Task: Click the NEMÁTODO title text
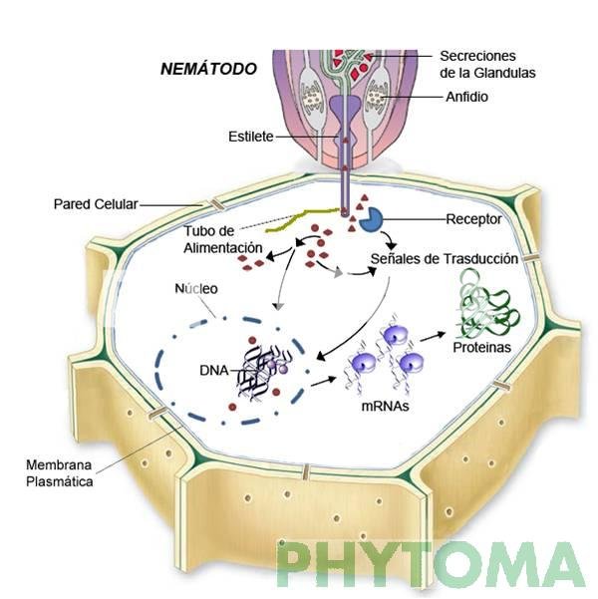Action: click(208, 69)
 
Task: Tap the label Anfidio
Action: click(466, 97)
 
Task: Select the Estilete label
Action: click(251, 137)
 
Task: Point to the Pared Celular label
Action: click(96, 204)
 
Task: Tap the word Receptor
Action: click(473, 219)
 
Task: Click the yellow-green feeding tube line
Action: click(303, 220)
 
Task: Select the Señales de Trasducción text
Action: click(444, 258)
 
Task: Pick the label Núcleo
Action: click(196, 288)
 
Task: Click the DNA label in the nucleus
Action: click(214, 370)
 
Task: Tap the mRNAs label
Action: click(385, 406)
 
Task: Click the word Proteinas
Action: click(481, 347)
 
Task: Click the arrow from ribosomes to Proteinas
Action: click(433, 336)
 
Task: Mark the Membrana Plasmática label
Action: click(59, 473)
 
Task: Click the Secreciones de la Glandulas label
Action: click(487, 64)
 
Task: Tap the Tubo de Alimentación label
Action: click(223, 239)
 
